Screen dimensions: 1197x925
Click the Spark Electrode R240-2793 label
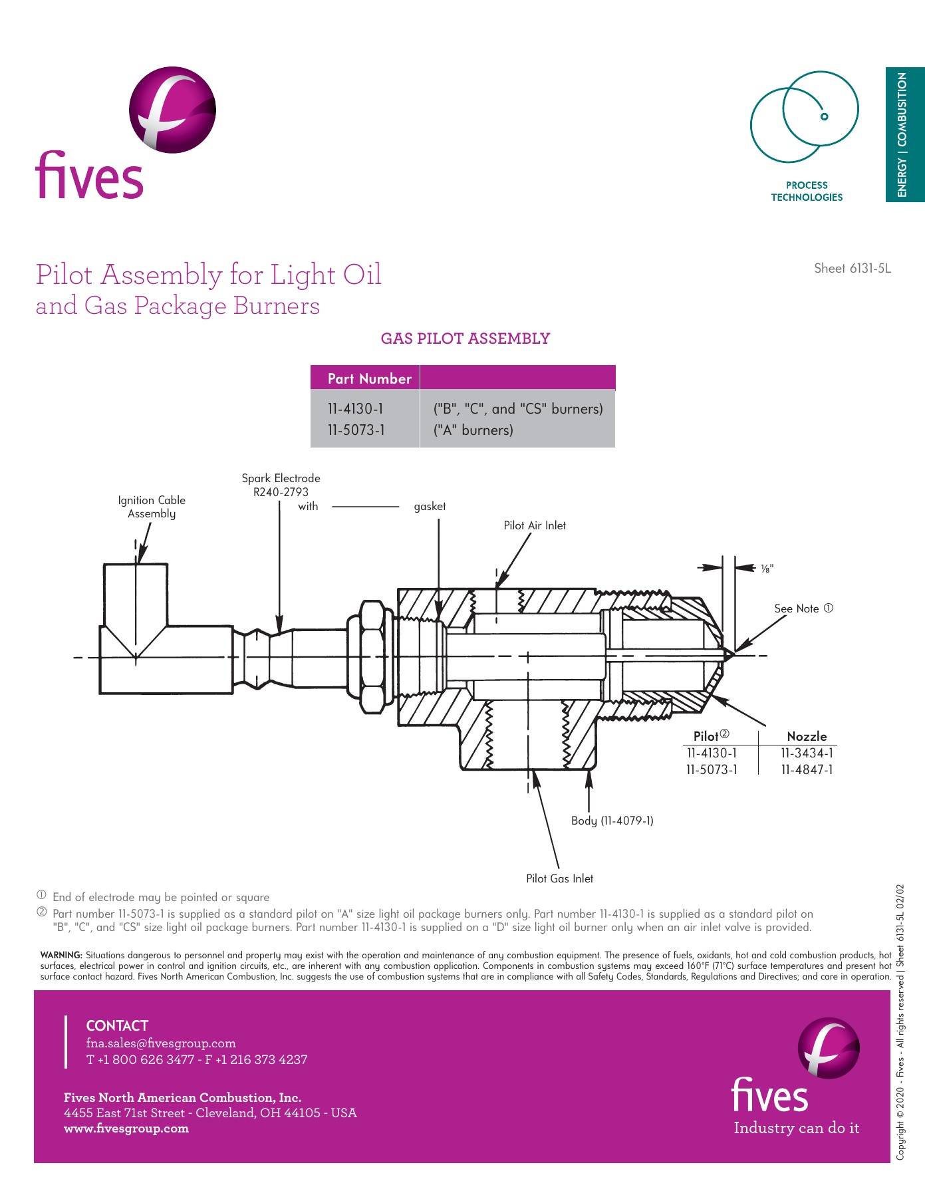281,485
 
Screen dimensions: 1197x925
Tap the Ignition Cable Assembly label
152,507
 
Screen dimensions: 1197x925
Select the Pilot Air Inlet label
535,525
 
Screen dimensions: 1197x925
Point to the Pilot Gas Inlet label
559,878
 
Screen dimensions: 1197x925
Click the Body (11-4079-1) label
612,821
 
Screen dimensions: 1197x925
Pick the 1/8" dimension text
767,569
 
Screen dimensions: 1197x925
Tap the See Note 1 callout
803,608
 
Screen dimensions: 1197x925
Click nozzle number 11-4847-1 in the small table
807,769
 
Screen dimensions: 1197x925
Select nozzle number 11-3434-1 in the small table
807,753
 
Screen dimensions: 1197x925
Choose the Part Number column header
369,378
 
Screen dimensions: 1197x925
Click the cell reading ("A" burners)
473,430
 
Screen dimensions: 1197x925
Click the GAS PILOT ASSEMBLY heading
465,338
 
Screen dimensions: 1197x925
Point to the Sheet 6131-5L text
852,269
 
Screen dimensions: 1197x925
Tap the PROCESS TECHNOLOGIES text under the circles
807,192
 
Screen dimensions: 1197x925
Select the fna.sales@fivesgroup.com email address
161,1043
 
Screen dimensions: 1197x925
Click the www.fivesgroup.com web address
126,1129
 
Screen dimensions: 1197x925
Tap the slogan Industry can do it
796,1128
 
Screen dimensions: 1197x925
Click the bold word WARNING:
61,955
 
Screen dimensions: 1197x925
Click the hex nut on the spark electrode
372,656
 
